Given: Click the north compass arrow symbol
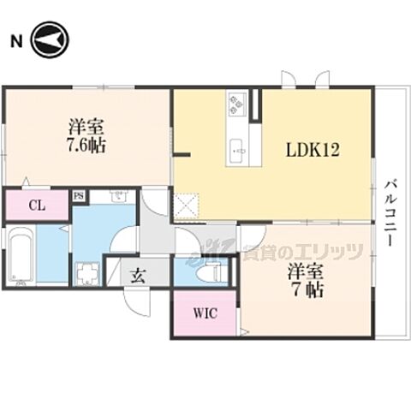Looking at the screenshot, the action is [50, 39].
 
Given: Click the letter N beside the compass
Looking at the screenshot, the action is [16, 41].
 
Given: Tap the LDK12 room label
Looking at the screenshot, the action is [313, 150].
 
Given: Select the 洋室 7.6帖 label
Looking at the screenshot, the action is [86, 136].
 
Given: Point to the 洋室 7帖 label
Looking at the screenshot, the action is [306, 282].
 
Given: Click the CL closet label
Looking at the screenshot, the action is [37, 205].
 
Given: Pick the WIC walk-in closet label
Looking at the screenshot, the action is [205, 313].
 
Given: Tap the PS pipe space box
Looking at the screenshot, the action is [79, 196].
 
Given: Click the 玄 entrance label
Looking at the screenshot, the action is [139, 276].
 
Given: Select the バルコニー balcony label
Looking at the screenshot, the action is [390, 212].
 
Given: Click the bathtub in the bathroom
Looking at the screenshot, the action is [21, 254].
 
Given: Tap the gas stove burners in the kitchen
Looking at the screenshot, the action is [237, 104].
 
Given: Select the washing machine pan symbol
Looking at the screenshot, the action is [87, 274].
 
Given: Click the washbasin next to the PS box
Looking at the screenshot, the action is [119, 196].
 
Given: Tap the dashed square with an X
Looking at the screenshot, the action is [186, 206].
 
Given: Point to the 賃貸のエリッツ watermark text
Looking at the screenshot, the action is [302, 253].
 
